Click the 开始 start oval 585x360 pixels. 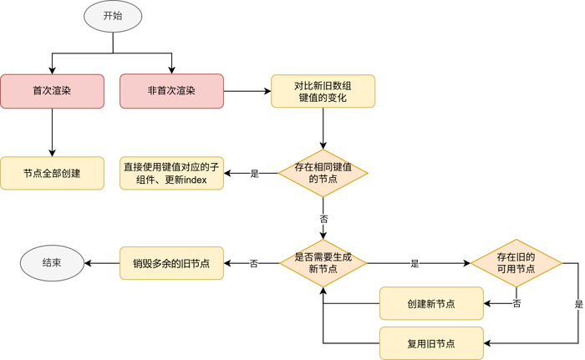tap(113, 16)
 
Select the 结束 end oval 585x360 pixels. tap(52, 263)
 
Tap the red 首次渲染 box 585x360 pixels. tap(52, 91)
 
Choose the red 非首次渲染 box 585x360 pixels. tap(171, 91)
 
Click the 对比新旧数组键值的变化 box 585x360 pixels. tap(323, 91)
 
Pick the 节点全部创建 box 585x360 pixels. tap(52, 173)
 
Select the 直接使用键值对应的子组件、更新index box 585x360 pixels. tap(171, 173)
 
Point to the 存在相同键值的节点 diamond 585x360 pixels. tap(323, 173)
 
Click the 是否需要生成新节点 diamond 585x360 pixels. tap(323, 263)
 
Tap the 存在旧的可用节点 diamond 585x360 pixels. tap(516, 263)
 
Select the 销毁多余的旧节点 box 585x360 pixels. tap(171, 263)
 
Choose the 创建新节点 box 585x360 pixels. tap(431, 303)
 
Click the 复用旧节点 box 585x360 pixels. tap(431, 343)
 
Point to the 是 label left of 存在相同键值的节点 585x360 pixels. tap(255, 174)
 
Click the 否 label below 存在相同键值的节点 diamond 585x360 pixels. tap(323, 218)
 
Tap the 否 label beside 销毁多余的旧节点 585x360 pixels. tap(253, 264)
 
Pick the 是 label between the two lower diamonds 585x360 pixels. tap(415, 264)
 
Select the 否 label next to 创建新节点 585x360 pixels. tap(517, 304)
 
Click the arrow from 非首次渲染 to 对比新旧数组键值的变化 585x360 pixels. tap(247, 91)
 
